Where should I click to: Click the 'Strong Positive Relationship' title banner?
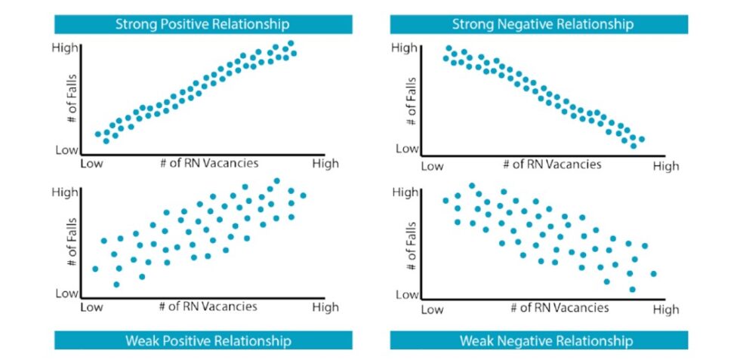[x=202, y=24]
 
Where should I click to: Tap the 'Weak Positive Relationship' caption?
[x=202, y=340]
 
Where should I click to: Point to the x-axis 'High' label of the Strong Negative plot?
[x=666, y=166]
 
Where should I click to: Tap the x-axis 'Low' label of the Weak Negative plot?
[x=431, y=309]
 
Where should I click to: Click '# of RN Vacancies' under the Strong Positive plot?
[x=208, y=163]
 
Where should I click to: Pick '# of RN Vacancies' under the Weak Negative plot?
[x=560, y=308]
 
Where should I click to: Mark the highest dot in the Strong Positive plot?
[x=291, y=44]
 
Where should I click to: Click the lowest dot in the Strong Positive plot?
[x=106, y=140]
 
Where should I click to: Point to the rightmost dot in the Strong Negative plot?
[x=642, y=139]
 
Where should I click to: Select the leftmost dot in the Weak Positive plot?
[x=95, y=269]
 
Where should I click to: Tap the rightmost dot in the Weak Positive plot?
[x=304, y=195]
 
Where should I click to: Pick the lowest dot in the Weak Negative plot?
[x=632, y=289]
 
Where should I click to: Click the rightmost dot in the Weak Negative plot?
[x=653, y=273]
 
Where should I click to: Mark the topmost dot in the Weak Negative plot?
[x=472, y=186]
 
